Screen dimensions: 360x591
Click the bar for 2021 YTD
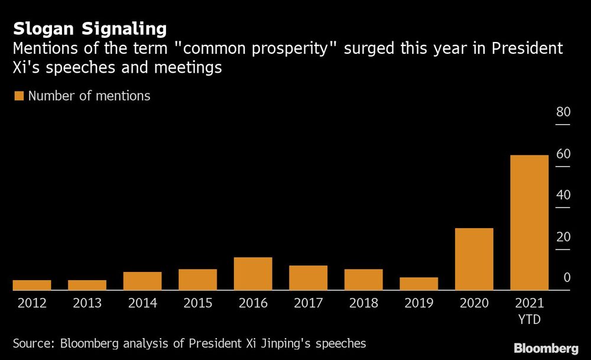tap(529, 223)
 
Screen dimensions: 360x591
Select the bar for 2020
tap(474, 259)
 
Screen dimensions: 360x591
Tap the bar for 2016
tap(253, 274)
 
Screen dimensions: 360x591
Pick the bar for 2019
tap(418, 284)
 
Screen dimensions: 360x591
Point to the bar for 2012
tap(32, 285)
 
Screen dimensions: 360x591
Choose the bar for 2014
tap(142, 281)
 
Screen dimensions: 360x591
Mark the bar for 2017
tap(308, 278)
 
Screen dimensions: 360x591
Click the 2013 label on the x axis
tap(87, 303)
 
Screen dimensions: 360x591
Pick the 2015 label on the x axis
tap(197, 303)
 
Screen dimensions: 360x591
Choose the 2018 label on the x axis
tap(363, 303)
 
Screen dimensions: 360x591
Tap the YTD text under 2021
tap(529, 320)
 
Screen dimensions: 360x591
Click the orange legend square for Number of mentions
tap(19, 96)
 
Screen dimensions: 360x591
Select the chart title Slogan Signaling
tap(89, 28)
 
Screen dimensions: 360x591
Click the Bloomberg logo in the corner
tap(546, 348)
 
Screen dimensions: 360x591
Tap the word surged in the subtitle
tap(371, 48)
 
